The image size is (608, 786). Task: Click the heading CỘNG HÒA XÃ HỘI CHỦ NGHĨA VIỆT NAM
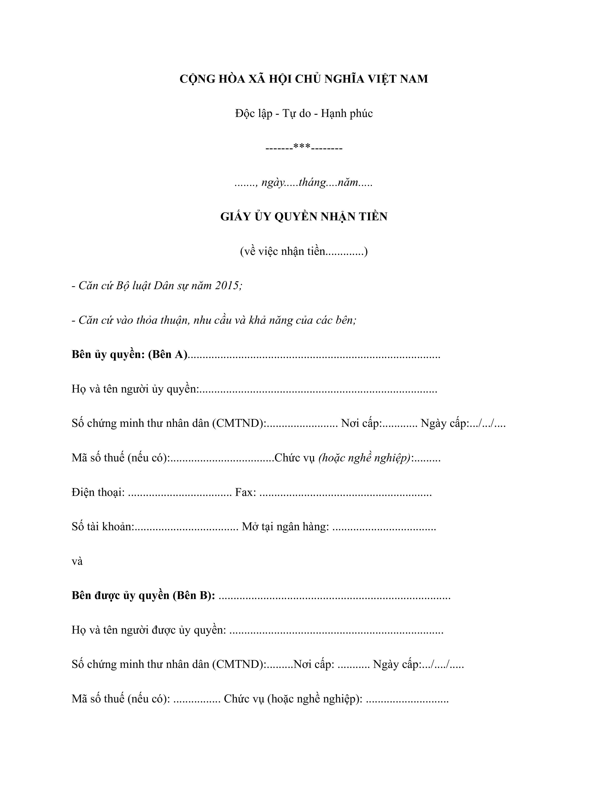click(x=304, y=79)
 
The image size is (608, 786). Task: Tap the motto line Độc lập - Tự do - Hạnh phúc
click(x=304, y=113)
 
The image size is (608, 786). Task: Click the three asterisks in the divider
click(x=302, y=147)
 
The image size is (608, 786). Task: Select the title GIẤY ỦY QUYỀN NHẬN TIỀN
click(x=304, y=217)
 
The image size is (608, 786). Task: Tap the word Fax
click(x=245, y=492)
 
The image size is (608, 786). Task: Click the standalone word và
click(x=77, y=561)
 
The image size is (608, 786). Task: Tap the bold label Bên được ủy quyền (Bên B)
click(x=143, y=596)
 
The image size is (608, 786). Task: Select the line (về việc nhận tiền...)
click(x=304, y=251)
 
